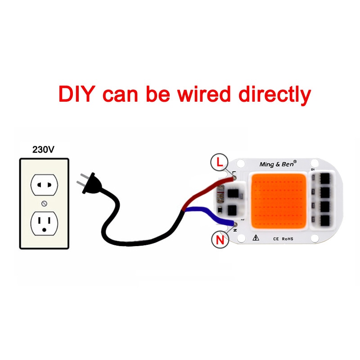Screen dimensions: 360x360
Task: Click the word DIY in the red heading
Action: (77, 94)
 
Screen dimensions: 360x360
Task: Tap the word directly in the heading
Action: (275, 94)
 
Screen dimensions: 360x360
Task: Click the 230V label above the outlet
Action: (43, 150)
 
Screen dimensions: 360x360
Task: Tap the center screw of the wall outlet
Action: (44, 203)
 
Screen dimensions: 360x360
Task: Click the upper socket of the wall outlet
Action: (44, 185)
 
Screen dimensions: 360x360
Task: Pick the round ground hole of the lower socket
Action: (44, 229)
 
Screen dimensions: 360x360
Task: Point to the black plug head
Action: (92, 183)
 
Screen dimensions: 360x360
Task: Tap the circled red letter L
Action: (220, 162)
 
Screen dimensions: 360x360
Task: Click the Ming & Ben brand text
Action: (278, 164)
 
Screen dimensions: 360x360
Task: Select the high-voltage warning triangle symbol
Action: (256, 238)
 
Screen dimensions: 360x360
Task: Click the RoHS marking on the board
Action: (288, 239)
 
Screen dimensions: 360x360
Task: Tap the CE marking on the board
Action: (276, 239)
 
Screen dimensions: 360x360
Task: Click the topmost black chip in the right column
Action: (325, 179)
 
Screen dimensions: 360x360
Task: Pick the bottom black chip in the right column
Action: (325, 221)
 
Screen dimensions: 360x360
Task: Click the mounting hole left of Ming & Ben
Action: (241, 164)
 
